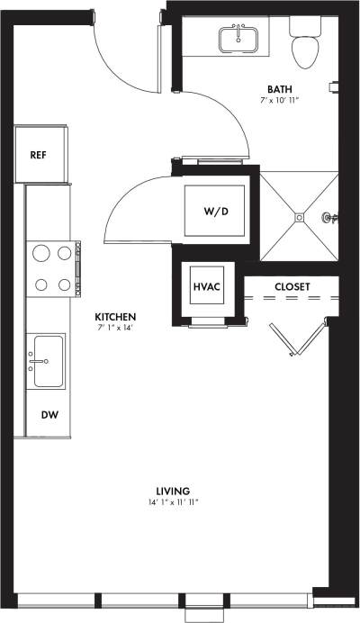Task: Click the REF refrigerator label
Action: (x=38, y=155)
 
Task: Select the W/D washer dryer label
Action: (x=215, y=213)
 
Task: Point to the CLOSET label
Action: (x=292, y=287)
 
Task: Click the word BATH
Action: (x=278, y=88)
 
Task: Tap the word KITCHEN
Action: (x=116, y=317)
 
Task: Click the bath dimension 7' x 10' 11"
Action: (x=279, y=100)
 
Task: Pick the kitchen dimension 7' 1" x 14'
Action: (x=116, y=329)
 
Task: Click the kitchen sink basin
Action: (x=49, y=360)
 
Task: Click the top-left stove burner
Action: (x=40, y=253)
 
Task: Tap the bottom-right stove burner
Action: (x=65, y=285)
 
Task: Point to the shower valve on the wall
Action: (x=330, y=217)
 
